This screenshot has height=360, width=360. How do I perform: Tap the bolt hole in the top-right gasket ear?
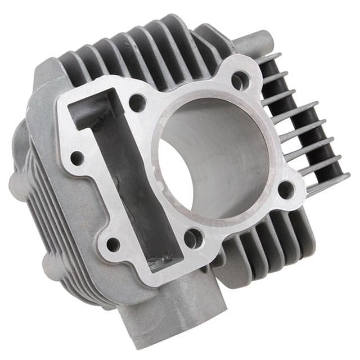click(x=240, y=80)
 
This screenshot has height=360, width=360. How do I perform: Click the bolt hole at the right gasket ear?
click(x=286, y=190)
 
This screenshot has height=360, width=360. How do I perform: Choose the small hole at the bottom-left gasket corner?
click(x=113, y=245)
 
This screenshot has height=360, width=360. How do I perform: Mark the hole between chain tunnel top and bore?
click(x=137, y=102)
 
